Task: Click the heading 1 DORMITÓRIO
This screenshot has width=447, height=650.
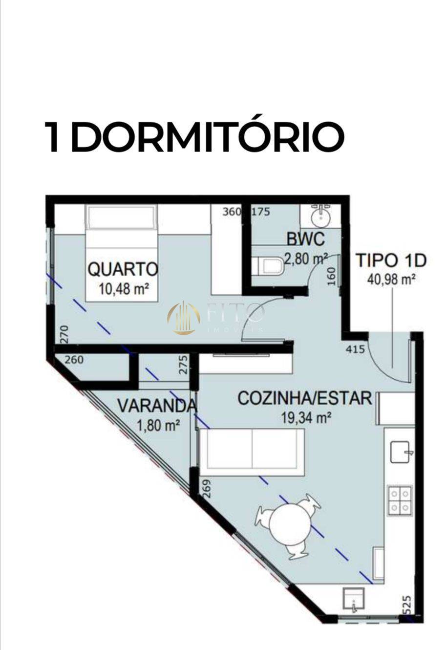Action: click(194, 137)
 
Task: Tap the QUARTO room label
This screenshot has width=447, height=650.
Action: click(123, 269)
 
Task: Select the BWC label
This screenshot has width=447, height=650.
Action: click(305, 239)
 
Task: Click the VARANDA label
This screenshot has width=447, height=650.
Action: click(157, 406)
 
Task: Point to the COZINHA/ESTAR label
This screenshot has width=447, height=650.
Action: click(304, 398)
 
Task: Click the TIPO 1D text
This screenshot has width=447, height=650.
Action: click(390, 260)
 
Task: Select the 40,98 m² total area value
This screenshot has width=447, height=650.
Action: click(391, 279)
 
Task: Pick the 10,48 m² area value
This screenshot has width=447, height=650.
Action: click(124, 288)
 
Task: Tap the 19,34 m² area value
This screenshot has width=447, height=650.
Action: click(306, 418)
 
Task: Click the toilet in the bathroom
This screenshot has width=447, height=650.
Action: click(271, 267)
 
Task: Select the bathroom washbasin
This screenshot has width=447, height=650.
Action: click(321, 215)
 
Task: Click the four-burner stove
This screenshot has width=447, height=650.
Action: click(399, 500)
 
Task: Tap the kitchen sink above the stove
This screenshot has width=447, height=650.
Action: click(402, 452)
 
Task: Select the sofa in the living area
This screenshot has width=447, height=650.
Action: click(252, 449)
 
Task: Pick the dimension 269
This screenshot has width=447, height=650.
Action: click(206, 488)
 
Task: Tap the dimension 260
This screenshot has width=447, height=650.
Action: click(74, 360)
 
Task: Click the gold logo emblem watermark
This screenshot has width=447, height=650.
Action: click(184, 318)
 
